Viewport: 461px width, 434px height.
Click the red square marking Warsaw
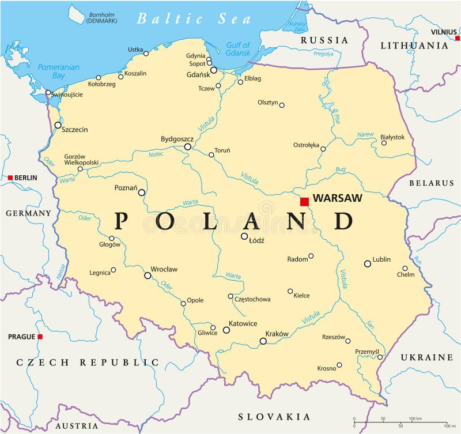304,201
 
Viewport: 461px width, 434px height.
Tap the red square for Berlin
10,178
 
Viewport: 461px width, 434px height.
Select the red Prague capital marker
40,337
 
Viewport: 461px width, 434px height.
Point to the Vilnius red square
457,39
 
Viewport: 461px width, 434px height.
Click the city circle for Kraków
263,341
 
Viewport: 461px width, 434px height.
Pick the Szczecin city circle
58,125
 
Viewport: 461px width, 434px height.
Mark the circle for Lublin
367,263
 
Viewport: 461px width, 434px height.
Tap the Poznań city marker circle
141,193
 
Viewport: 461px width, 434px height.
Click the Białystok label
392,137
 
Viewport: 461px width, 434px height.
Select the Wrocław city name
164,269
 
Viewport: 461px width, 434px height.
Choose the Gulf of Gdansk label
238,49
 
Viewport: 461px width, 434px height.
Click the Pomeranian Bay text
58,71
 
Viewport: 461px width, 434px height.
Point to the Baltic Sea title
194,18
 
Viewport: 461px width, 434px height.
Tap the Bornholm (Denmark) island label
102,17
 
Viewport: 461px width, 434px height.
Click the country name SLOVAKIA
274,416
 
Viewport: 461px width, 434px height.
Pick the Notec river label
156,154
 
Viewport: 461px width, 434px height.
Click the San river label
369,324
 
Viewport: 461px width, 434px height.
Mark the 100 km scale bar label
415,418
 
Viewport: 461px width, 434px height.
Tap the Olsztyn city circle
282,105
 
